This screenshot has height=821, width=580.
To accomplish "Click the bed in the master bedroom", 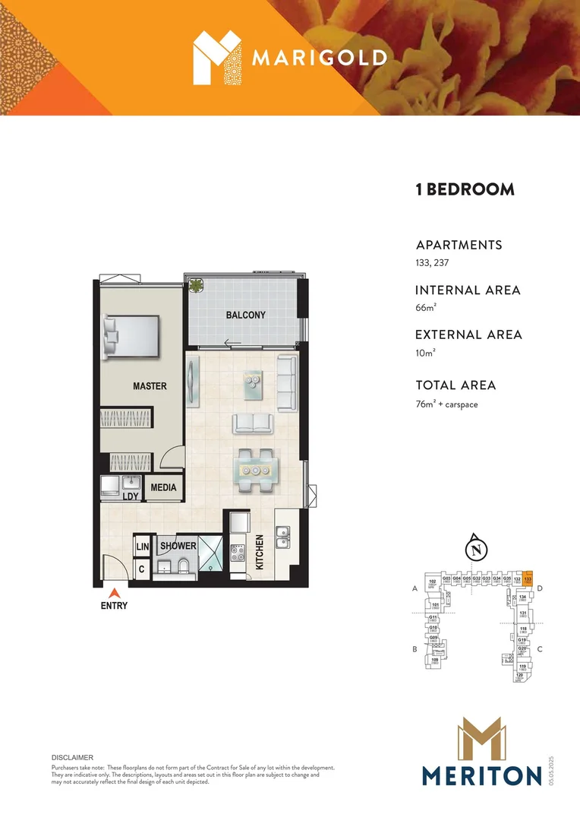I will pyautogui.click(x=134, y=336).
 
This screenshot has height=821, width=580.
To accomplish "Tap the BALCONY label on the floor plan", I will pyautogui.click(x=245, y=315).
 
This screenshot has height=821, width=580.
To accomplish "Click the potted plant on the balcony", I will pyautogui.click(x=197, y=287).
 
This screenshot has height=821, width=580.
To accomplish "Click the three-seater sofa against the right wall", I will pyautogui.click(x=286, y=383).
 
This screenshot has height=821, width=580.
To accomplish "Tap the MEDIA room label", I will pyautogui.click(x=163, y=487).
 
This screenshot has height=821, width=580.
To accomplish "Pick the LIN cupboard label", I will pyautogui.click(x=141, y=547).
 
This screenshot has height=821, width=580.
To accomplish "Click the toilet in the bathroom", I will pyautogui.click(x=184, y=566).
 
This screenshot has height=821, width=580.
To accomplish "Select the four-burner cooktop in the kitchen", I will pyautogui.click(x=237, y=552).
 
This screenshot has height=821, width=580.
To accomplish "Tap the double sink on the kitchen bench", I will pyautogui.click(x=283, y=537).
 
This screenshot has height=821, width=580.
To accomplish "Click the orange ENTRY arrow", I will pyautogui.click(x=114, y=592).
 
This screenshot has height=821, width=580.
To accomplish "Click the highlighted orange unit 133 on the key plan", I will pyautogui.click(x=528, y=579).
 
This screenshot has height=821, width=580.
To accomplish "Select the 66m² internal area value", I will pyautogui.click(x=426, y=308).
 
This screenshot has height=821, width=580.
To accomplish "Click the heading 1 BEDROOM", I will pyautogui.click(x=465, y=190).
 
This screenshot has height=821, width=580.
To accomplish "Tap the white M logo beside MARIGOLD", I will pyautogui.click(x=214, y=57).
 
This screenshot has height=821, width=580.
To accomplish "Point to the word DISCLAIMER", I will pyautogui.click(x=72, y=758).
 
